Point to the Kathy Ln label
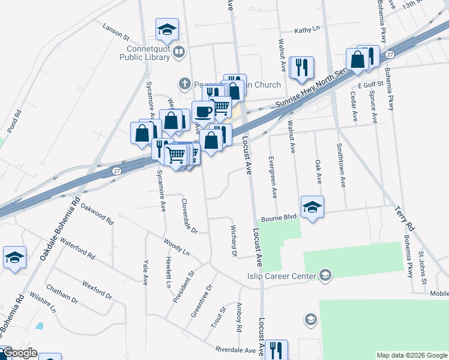coord(307,30)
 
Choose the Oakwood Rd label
coord(97,213)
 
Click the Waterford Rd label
coord(78,247)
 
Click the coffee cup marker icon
coord(203,112)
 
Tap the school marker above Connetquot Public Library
coord(167,29)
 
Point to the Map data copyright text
coord(411,355)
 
